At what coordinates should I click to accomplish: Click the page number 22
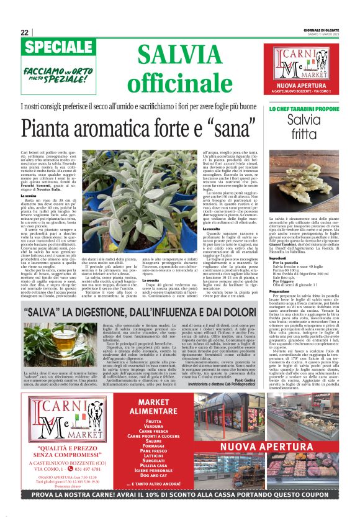[24, 33]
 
